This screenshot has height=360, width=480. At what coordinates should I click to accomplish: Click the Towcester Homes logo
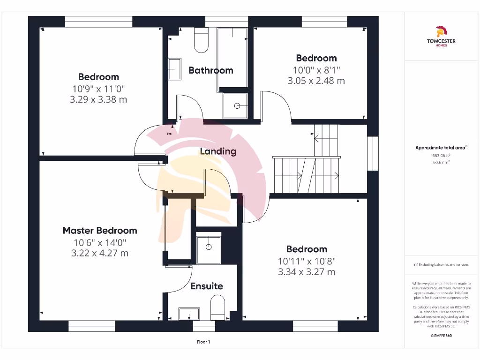click(x=441, y=37)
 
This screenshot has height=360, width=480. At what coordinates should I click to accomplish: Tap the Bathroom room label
click(x=210, y=70)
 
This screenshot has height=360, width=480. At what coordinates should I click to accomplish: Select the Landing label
click(x=218, y=151)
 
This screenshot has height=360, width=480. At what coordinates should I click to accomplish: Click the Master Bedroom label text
click(x=100, y=231)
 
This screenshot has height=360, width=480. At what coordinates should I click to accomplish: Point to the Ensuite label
click(x=207, y=286)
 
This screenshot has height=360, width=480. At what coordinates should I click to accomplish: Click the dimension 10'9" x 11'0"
click(x=98, y=89)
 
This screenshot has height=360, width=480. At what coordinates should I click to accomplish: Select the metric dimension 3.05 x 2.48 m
click(x=316, y=81)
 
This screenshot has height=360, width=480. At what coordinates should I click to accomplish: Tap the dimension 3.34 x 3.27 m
click(x=307, y=272)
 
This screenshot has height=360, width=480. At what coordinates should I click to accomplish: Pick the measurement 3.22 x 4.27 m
click(x=99, y=253)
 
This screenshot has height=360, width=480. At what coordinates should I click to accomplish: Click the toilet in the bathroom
click(x=201, y=40)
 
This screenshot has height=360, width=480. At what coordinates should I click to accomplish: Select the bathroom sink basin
click(x=174, y=69)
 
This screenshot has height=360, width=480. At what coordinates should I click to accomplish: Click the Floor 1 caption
click(x=203, y=342)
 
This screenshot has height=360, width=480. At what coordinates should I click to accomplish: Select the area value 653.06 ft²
click(x=441, y=155)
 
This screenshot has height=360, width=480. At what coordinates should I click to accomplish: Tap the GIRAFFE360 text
click(x=441, y=336)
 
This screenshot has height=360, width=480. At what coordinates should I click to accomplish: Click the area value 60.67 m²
click(x=441, y=162)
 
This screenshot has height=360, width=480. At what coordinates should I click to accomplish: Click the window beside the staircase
click(x=373, y=153)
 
